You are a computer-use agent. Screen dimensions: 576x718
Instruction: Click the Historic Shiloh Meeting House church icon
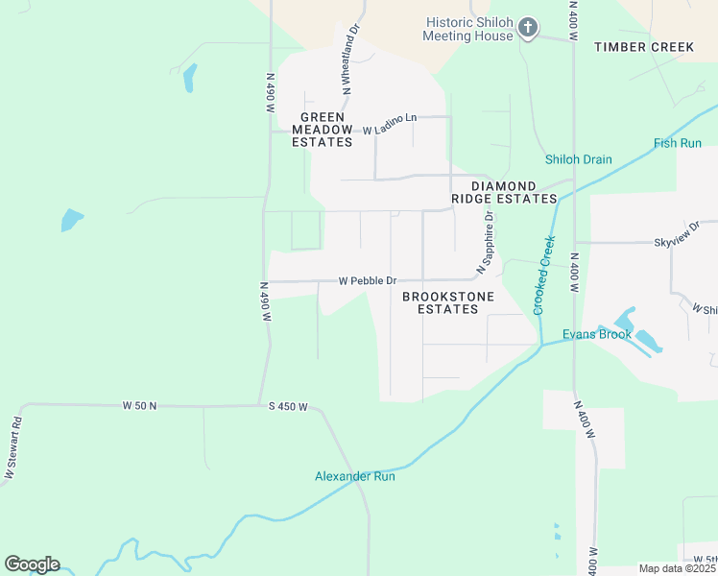[x=528, y=29]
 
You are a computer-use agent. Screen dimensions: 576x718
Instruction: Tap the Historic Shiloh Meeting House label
[x=468, y=29]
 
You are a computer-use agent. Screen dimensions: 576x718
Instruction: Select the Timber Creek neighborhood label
[x=643, y=47]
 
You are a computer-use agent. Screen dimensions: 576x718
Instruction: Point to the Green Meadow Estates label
[x=323, y=129]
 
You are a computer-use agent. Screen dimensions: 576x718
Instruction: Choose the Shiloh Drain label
[x=578, y=159]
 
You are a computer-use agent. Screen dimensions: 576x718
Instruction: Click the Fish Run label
[x=678, y=143]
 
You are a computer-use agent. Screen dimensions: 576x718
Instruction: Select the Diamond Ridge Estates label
[x=514, y=192]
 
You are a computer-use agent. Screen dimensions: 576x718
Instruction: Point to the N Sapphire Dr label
[x=489, y=240]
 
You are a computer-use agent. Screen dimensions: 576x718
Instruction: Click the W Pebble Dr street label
[x=368, y=281]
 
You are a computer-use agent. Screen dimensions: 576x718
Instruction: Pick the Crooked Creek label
[x=544, y=275]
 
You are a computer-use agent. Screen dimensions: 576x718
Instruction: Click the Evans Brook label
[x=597, y=335]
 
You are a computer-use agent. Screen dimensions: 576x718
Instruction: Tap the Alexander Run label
[x=354, y=476]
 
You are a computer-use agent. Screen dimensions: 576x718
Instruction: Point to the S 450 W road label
[x=288, y=407]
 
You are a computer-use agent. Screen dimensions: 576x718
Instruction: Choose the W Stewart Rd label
[x=13, y=448]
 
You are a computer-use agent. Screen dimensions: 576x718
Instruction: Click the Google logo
[x=32, y=564]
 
